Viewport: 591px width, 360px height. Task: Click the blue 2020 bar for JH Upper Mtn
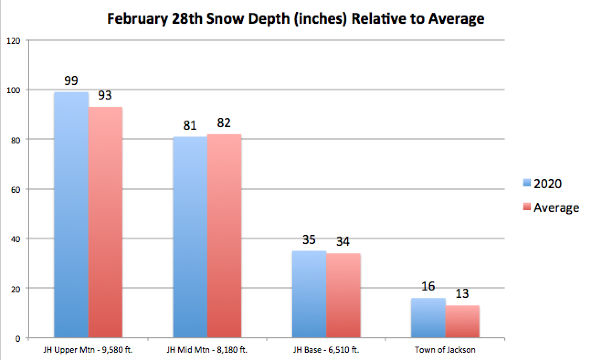coord(71,215)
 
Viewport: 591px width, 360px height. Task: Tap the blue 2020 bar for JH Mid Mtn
coord(190,237)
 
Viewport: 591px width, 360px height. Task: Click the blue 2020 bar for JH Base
coord(309,294)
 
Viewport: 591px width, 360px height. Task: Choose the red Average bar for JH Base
coord(343,296)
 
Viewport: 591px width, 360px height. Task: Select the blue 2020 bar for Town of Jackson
coord(428,318)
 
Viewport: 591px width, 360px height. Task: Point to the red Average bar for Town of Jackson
coord(462,322)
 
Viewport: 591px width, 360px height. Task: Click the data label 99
coord(71,81)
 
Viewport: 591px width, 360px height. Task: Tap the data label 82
coord(224,123)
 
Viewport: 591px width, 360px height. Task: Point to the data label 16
coord(428,286)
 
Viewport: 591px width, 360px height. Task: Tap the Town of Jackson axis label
coord(445,350)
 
